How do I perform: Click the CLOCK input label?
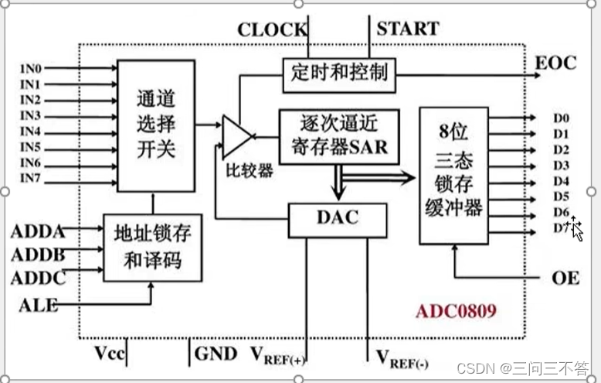(x=272, y=30)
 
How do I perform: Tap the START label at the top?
(x=407, y=29)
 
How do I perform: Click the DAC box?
(x=337, y=219)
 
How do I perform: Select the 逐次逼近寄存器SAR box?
(x=338, y=135)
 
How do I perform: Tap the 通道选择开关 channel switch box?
(x=155, y=125)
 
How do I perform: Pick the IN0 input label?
(x=30, y=67)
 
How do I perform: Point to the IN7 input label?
(x=30, y=180)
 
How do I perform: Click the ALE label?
(x=38, y=305)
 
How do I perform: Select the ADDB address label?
(x=38, y=255)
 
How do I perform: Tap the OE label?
(x=565, y=278)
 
